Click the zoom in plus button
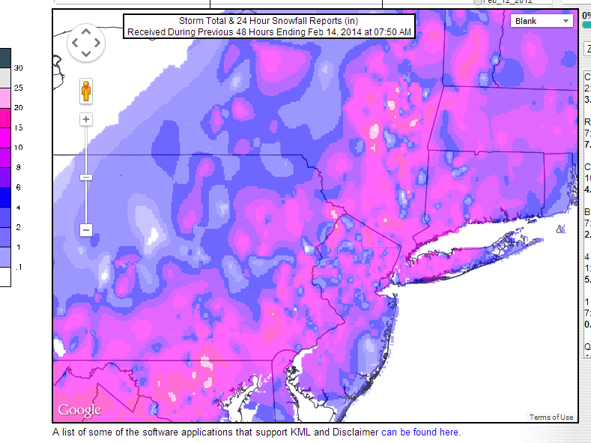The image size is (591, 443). [86, 119]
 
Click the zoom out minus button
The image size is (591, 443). [86, 230]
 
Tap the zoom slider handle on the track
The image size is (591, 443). [86, 177]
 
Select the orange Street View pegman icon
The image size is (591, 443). [86, 91]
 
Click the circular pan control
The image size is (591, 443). [86, 43]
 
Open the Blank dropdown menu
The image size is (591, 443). [542, 21]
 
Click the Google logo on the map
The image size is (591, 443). [79, 410]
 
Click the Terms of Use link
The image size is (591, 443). [551, 418]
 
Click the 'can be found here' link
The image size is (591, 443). [420, 433]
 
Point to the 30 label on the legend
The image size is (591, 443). [18, 68]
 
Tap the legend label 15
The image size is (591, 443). [18, 127]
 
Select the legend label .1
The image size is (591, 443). [18, 266]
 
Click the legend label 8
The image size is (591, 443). [18, 167]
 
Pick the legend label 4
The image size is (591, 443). [18, 207]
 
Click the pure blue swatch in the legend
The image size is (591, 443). [5, 197]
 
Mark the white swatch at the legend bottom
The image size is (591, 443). [5, 277]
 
